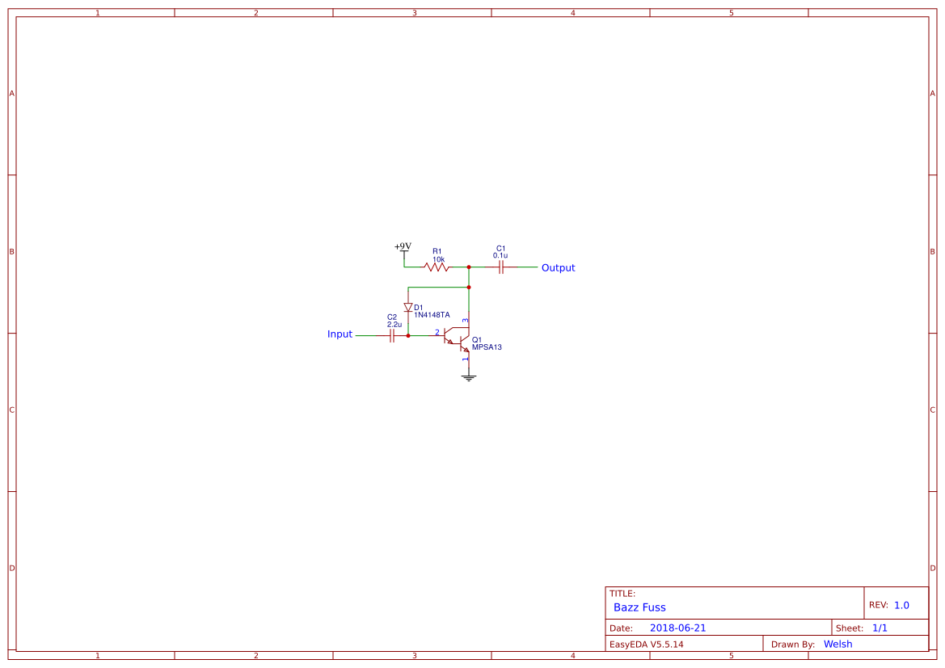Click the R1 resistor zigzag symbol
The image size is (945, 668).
tap(436, 267)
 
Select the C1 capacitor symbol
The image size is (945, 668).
tap(501, 267)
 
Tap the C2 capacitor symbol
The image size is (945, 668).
tap(392, 335)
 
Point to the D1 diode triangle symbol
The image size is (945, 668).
tap(408, 307)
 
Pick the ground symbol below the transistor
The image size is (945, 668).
tap(469, 377)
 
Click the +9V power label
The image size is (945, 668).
tap(403, 246)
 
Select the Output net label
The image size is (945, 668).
tap(558, 267)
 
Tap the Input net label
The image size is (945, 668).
tap(340, 334)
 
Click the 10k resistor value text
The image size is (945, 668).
tap(438, 258)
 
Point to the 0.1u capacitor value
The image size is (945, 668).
tap(500, 255)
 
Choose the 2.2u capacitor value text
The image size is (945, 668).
tap(394, 324)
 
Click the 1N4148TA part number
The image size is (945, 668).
tap(432, 315)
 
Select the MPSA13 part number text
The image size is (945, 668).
tap(487, 347)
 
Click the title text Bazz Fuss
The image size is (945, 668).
tap(639, 607)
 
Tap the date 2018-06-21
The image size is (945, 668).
tap(677, 628)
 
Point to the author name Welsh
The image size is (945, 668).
tap(837, 644)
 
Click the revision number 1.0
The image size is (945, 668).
tap(901, 605)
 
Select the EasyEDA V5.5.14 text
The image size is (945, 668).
tap(646, 644)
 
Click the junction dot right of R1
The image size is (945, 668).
tap(469, 267)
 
